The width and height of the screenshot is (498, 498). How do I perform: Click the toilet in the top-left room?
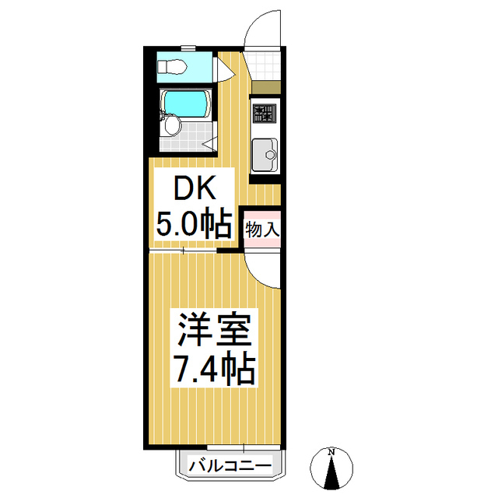(x=172, y=65)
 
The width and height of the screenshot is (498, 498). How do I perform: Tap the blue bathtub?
(x=187, y=103)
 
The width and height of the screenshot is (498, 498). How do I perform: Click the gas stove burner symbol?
(x=265, y=113)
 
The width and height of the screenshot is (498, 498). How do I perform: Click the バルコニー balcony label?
(x=230, y=466)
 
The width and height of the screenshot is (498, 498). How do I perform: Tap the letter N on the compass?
(x=331, y=452)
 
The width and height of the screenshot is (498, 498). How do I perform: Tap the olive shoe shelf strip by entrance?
(x=265, y=86)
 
